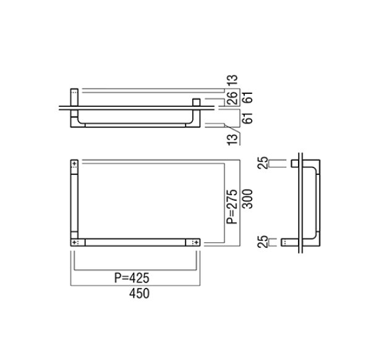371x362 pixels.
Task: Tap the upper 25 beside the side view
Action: coord(263,163)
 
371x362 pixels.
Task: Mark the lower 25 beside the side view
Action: coord(263,242)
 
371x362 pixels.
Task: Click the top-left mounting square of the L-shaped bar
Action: coord(75,165)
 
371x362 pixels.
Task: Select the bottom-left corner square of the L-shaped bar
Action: coord(75,243)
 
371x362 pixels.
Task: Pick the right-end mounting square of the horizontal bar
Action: coord(195,243)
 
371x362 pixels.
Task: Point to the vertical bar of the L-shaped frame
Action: coord(75,204)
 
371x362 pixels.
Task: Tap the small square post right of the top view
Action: coord(197,102)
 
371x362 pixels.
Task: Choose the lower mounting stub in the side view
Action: coord(289,242)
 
